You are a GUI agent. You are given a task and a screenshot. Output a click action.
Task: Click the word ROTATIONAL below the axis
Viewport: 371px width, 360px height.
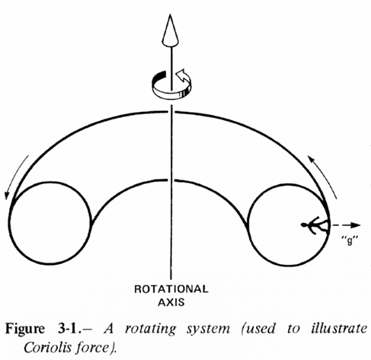pos(171,289)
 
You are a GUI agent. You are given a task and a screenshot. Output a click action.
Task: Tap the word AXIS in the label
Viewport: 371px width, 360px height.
pos(171,302)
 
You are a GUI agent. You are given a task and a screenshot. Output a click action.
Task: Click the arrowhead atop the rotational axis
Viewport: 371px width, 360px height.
pos(171,30)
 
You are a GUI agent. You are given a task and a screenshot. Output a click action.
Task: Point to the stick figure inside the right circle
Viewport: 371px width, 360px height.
pos(315,225)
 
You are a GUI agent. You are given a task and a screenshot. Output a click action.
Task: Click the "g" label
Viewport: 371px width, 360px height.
pos(350,240)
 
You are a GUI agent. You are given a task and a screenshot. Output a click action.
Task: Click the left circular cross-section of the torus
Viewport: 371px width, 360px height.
pos(10,223)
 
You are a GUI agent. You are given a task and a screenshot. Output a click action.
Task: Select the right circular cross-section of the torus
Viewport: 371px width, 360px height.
pos(248,225)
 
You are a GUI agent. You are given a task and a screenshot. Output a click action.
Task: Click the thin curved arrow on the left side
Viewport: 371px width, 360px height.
pos(16,176)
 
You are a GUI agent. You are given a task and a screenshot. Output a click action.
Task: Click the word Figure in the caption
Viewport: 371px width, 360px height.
pos(25,330)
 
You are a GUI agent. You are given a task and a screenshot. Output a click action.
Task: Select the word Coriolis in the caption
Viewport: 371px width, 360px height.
pos(44,347)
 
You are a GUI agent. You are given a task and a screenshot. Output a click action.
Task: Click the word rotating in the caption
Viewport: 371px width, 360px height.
pos(150,330)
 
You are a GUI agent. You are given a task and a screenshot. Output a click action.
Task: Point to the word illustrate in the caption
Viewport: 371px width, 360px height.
pos(339,329)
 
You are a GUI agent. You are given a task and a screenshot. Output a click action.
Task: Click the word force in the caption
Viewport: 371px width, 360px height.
pos(91,347)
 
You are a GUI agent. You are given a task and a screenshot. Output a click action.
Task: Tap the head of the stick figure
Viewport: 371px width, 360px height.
pos(303,225)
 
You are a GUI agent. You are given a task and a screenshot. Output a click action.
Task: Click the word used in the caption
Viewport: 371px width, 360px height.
pos(260,330)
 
